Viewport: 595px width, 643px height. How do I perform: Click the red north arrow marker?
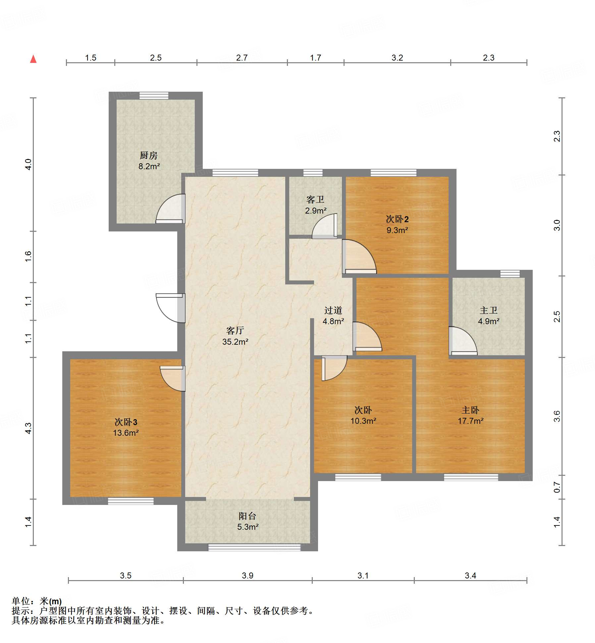[x=33, y=59]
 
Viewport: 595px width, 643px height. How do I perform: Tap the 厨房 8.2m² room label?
[x=149, y=161]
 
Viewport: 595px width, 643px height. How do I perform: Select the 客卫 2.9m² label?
[x=315, y=205]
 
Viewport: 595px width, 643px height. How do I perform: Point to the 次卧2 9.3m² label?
[x=397, y=224]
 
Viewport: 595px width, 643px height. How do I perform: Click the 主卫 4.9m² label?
[x=488, y=316]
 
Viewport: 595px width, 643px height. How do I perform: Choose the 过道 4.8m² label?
[x=333, y=316]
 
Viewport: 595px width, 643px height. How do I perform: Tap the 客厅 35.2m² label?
[x=235, y=336]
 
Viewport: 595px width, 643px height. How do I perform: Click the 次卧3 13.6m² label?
[x=126, y=427]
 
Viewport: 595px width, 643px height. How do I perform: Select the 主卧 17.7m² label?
[x=470, y=415]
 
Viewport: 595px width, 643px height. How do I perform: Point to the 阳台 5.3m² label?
[x=247, y=521]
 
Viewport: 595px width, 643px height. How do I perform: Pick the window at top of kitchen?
[x=154, y=96]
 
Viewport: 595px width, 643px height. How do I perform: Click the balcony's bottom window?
[x=254, y=547]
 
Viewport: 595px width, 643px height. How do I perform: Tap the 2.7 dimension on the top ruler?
[x=242, y=58]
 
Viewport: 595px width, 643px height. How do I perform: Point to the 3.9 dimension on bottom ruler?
[x=247, y=575]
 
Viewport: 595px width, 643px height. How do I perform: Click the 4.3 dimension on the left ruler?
[x=28, y=428]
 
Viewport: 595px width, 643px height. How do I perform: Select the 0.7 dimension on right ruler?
[x=557, y=487]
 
